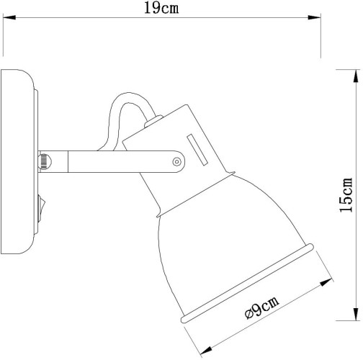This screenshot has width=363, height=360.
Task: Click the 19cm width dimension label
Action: (159, 9)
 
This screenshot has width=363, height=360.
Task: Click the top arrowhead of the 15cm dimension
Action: (355, 72)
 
